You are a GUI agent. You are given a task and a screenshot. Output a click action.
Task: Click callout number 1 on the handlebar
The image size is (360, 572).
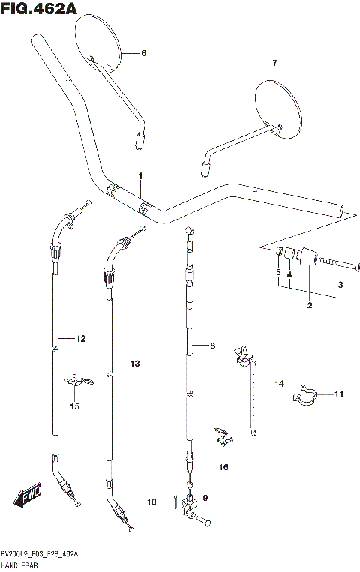(139, 175)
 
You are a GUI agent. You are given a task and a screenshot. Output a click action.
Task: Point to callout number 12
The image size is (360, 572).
(81, 339)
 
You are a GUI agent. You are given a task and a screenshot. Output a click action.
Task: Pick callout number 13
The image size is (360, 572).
(134, 364)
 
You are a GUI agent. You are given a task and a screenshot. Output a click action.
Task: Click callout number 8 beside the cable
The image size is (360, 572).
(212, 346)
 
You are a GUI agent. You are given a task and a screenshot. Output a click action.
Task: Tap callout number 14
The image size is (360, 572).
(279, 384)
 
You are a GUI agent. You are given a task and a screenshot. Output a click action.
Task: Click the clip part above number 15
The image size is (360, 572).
(78, 382)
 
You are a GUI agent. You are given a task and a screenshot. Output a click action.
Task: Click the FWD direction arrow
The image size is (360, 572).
(28, 496)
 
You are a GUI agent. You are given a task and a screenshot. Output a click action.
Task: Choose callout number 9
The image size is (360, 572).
(205, 497)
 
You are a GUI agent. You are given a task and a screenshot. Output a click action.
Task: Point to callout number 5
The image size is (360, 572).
(277, 273)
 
